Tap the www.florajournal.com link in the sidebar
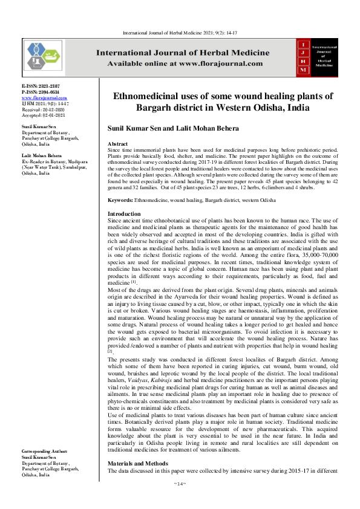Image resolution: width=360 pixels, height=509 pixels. (x=44, y=98)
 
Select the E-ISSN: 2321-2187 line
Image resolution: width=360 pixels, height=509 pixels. (x=41, y=87)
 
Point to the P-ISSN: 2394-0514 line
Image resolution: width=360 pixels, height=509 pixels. (x=41, y=92)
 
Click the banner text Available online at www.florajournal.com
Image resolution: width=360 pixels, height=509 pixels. (x=185, y=63)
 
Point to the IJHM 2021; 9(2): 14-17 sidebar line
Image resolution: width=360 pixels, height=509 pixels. (x=45, y=103)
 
